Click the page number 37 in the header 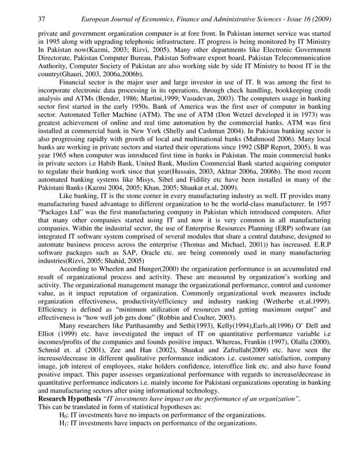pos(41,19)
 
